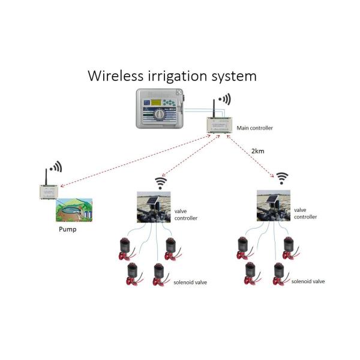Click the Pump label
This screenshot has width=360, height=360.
coord(67,229)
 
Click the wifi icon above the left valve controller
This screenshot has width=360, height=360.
coord(161,182)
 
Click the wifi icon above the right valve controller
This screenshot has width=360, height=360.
coord(282,178)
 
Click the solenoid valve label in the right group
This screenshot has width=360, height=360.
coord(308,281)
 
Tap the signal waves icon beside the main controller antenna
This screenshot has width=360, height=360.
coord(224,99)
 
